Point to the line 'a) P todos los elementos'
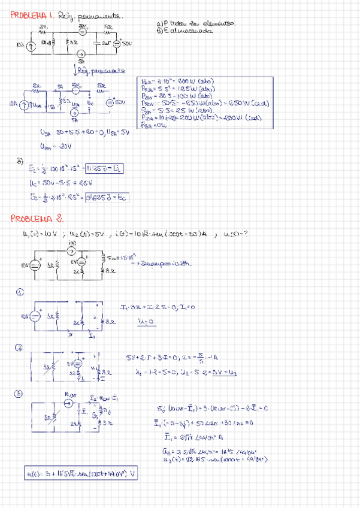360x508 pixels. coord(195,23)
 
